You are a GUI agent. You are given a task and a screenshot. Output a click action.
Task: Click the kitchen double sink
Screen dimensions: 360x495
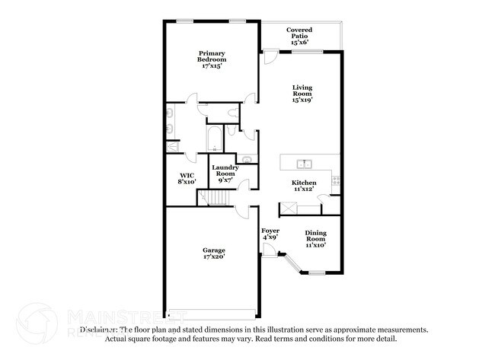(304, 163)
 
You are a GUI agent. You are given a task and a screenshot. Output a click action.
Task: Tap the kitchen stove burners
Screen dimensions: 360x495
(335, 180)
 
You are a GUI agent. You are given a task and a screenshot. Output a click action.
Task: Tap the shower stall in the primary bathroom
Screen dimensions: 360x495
(174, 146)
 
